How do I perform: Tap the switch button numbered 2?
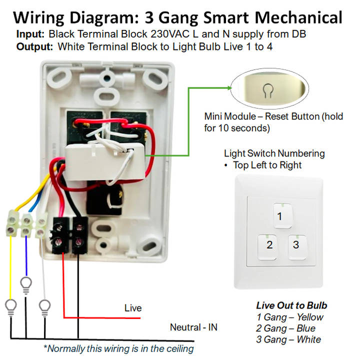[x=269, y=245]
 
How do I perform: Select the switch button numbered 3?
[x=296, y=245]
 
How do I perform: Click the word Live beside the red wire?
[x=133, y=308]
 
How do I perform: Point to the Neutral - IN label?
[x=193, y=327]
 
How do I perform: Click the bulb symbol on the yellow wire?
[x=10, y=304]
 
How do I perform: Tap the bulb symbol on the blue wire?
[x=25, y=283]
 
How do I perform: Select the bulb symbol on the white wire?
[x=45, y=304]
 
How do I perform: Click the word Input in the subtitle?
[x=31, y=35]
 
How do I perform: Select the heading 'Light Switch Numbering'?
[x=274, y=153]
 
